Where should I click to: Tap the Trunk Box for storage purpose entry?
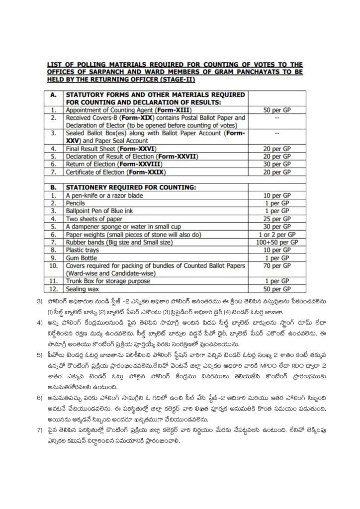point(108,281)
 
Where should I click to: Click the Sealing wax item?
point(83,289)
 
